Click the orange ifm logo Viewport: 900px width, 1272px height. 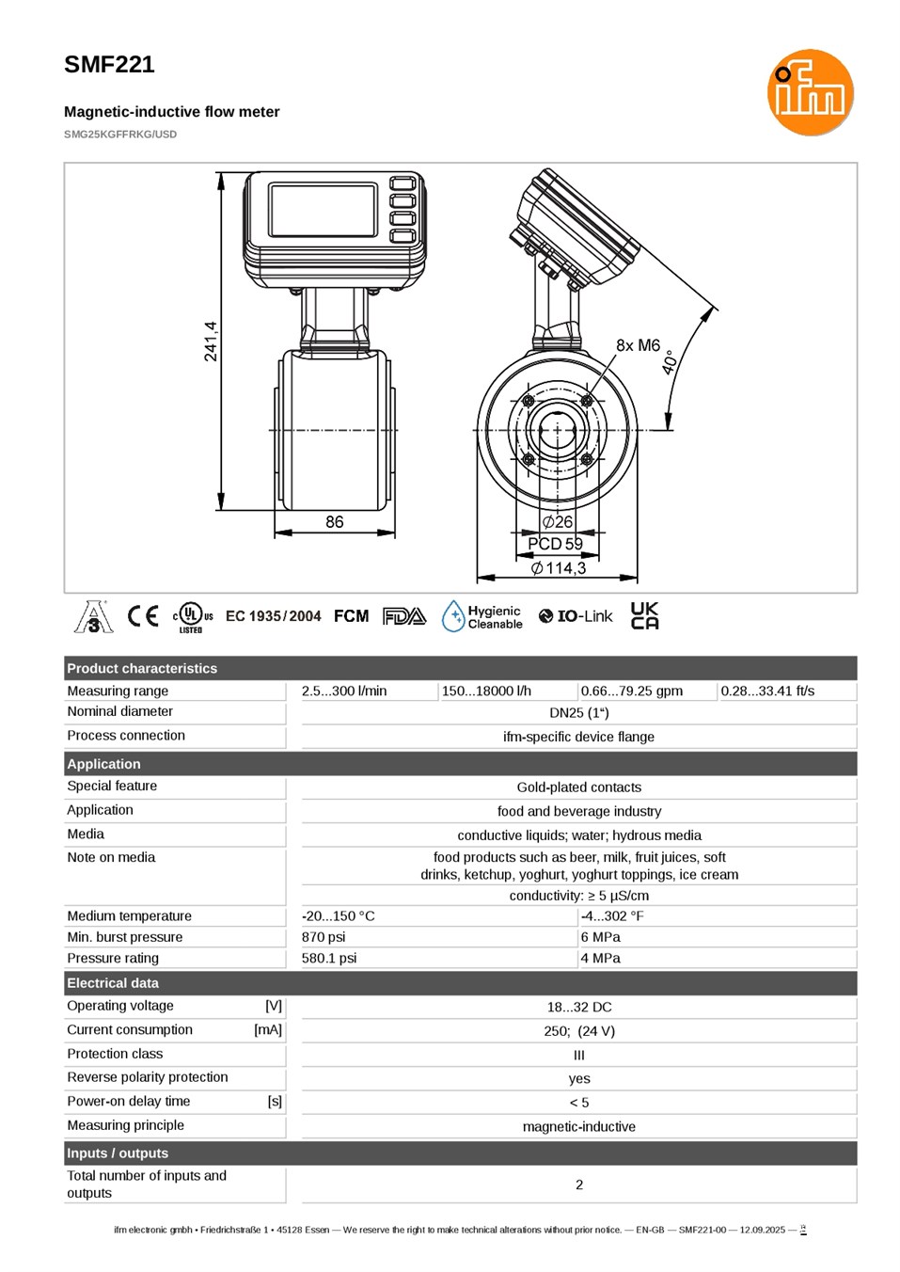coord(810,92)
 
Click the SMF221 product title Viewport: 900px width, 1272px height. coord(109,64)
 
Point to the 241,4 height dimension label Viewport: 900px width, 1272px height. coord(211,341)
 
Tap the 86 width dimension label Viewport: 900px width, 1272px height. coord(334,521)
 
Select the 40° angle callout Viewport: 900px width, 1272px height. coord(671,361)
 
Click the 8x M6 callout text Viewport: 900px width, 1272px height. coord(638,344)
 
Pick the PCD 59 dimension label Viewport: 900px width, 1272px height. coord(555,544)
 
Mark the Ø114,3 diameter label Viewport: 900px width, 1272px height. coord(559,567)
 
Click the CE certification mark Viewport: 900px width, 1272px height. coord(142,616)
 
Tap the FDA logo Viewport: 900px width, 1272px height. coord(404,616)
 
